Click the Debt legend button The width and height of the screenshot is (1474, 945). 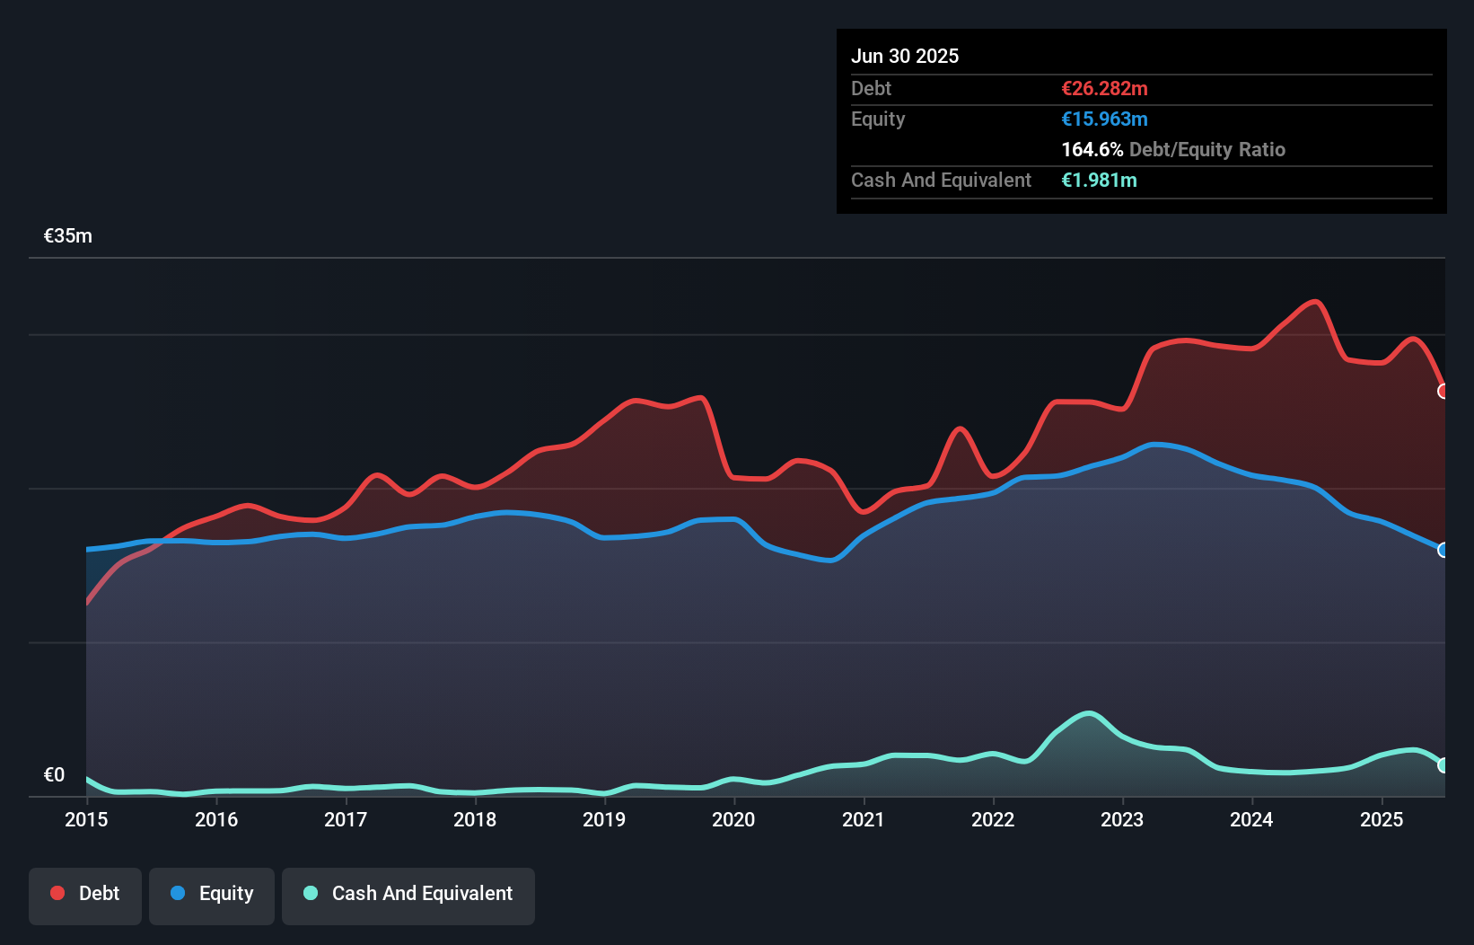(x=85, y=894)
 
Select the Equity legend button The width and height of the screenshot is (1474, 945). (x=212, y=894)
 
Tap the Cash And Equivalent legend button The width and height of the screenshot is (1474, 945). (x=408, y=894)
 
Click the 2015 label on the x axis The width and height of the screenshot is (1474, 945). (x=86, y=819)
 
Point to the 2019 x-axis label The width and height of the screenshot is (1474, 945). (x=604, y=819)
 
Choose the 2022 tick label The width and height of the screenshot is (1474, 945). (x=993, y=819)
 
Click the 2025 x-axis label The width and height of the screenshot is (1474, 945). (x=1382, y=819)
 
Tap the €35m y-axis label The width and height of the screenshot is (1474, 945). (x=68, y=236)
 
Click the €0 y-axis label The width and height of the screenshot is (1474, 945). (x=54, y=775)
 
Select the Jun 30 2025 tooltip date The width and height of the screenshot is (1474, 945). (x=905, y=56)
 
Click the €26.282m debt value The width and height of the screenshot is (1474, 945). (x=1104, y=88)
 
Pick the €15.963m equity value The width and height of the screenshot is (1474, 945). (x=1104, y=119)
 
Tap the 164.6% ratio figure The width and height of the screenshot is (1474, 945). (x=1092, y=149)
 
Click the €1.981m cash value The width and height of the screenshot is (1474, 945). (x=1099, y=180)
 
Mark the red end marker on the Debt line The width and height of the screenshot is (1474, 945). (x=1443, y=392)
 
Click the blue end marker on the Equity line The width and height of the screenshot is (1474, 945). (x=1443, y=550)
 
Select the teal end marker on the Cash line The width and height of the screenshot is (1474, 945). (x=1443, y=765)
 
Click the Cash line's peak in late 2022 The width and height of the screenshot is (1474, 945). (x=1089, y=714)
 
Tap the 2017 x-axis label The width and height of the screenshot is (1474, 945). (x=346, y=819)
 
